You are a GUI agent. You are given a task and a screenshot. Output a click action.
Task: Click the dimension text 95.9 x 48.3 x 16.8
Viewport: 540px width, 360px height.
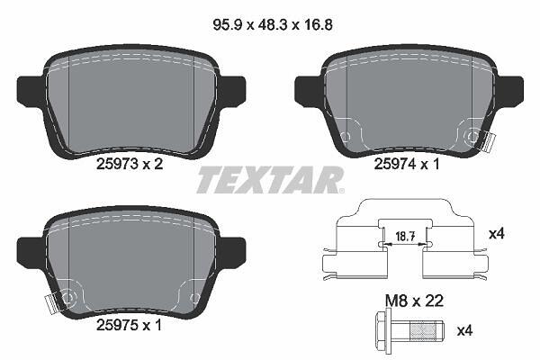point(273,25)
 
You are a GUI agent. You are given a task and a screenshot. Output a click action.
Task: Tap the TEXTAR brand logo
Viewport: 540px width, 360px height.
point(270,179)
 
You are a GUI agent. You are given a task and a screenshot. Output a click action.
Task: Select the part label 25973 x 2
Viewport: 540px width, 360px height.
point(130,164)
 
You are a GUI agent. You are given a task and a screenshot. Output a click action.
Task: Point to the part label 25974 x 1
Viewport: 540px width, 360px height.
point(407,165)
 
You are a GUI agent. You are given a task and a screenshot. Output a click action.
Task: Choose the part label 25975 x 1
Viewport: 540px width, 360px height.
point(129,325)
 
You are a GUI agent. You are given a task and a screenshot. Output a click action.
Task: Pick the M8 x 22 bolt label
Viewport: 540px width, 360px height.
point(414,301)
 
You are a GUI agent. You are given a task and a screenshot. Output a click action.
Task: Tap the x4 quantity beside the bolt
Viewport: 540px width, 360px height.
point(465,331)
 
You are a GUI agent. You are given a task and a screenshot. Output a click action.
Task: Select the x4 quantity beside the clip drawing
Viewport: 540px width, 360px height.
point(497,234)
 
